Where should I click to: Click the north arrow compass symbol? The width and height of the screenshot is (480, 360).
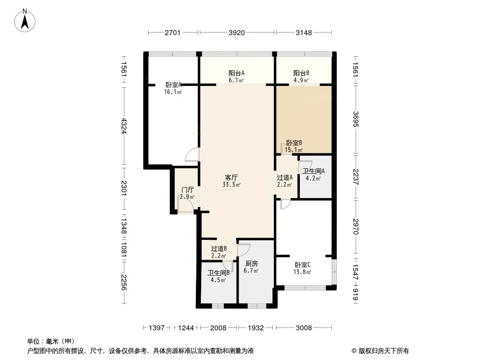pyautogui.click(x=25, y=21)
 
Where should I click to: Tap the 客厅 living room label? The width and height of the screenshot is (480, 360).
pyautogui.click(x=231, y=177)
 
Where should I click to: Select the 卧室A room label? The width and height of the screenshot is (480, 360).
pyautogui.click(x=173, y=85)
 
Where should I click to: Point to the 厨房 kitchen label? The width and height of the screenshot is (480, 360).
pyautogui.click(x=252, y=263)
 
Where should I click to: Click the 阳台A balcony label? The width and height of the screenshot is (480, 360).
pyautogui.click(x=236, y=73)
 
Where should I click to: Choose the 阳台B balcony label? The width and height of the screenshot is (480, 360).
pyautogui.click(x=301, y=73)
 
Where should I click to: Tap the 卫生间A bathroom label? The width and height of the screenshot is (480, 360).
pyautogui.click(x=313, y=171)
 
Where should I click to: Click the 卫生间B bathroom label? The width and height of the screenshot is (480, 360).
pyautogui.click(x=218, y=273)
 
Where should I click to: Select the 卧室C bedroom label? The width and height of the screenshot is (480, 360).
pyautogui.click(x=303, y=265)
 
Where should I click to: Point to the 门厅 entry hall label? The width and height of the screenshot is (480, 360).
pyautogui.click(x=187, y=190)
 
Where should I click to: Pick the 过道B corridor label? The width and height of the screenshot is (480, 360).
pyautogui.click(x=219, y=249)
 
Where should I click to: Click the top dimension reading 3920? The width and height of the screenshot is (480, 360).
pyautogui.click(x=237, y=33)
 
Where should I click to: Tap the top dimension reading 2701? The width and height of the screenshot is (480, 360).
pyautogui.click(x=172, y=33)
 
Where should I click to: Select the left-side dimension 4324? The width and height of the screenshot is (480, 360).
pyautogui.click(x=124, y=126)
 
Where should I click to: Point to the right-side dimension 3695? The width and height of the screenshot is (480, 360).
pyautogui.click(x=355, y=119)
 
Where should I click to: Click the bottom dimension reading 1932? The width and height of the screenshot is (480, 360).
pyautogui.click(x=256, y=328)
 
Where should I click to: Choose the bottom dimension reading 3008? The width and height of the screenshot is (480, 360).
pyautogui.click(x=303, y=328)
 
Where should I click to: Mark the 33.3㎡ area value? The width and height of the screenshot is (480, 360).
pyautogui.click(x=231, y=184)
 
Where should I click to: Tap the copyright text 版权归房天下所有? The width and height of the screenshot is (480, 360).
pyautogui.click(x=384, y=351)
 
